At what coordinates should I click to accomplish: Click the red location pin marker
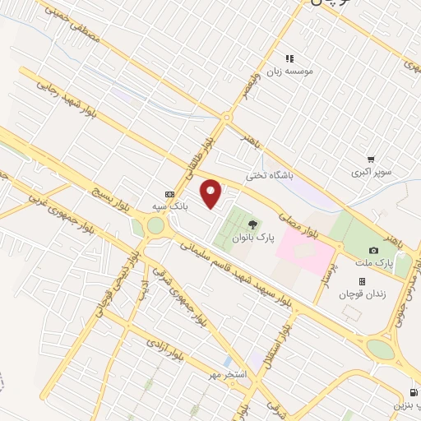point(212,193)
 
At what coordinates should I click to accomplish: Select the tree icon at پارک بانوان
point(252,224)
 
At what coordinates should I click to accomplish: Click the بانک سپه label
point(167,206)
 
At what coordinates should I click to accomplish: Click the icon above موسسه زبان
point(289,58)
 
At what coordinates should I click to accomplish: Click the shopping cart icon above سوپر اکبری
point(372,160)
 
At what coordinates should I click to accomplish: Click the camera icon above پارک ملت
point(374,251)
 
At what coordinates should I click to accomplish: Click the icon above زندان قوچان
point(362,281)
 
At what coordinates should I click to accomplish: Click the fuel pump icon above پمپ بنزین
point(412,393)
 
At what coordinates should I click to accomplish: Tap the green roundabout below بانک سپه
point(155,225)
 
